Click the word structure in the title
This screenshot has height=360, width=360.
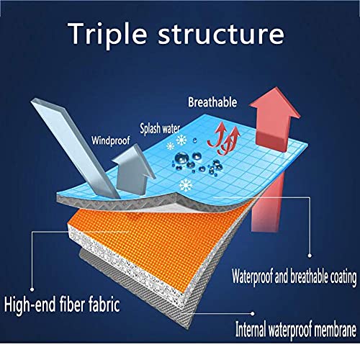click(221, 35)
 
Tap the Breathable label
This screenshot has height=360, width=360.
click(212, 102)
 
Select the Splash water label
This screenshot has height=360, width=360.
click(160, 129)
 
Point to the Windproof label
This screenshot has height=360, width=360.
click(111, 140)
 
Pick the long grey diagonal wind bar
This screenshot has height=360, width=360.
click(75, 149)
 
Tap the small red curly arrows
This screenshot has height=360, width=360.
click(224, 139)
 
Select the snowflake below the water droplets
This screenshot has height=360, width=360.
click(186, 186)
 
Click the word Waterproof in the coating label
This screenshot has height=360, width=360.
click(253, 276)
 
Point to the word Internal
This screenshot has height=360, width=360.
click(251, 329)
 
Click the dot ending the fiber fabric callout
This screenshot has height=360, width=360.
click(32, 289)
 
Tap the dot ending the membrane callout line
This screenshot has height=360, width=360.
click(253, 313)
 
